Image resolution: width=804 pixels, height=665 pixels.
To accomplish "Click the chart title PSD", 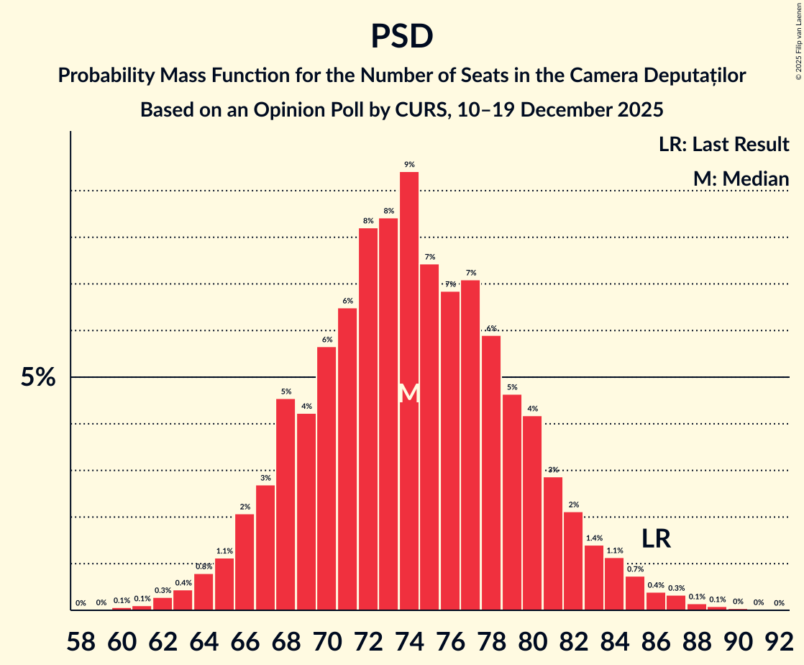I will (x=401, y=36).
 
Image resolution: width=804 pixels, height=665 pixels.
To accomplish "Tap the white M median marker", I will (x=409, y=393).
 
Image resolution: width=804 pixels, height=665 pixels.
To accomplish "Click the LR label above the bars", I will (x=656, y=539).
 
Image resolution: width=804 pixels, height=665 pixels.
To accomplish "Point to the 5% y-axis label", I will (x=38, y=377).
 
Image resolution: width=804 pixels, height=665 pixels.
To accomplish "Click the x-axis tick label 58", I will (x=81, y=640).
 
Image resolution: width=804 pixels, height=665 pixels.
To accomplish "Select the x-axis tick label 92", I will (x=779, y=640).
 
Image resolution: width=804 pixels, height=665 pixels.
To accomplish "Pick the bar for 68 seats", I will (x=285, y=504).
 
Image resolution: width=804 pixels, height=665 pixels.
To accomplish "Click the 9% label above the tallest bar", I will (x=409, y=165).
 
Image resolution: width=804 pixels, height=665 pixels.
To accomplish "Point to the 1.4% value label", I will (x=594, y=538).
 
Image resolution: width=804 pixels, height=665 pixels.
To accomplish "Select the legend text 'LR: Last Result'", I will (x=723, y=144).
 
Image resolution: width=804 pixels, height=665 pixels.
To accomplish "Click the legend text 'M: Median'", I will (x=741, y=178).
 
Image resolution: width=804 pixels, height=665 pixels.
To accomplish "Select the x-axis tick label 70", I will (x=326, y=640).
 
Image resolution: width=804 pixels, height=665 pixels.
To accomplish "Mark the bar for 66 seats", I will (x=245, y=561).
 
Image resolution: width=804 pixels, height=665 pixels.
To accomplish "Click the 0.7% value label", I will (x=635, y=569).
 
